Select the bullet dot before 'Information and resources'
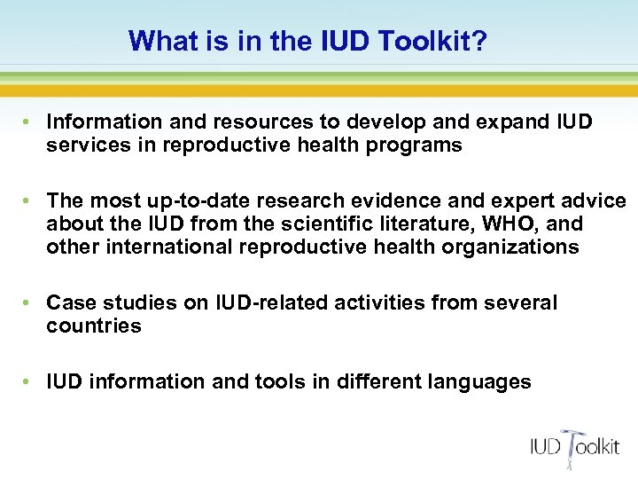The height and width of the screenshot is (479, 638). coord(29,121)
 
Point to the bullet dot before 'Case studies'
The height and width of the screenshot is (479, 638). coord(29,303)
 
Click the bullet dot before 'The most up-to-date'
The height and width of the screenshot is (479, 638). coord(29,201)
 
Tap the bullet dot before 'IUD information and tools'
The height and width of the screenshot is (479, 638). coord(29,382)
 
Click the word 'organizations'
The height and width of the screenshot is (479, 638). coord(502,247)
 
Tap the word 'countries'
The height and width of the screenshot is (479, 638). coord(94,326)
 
